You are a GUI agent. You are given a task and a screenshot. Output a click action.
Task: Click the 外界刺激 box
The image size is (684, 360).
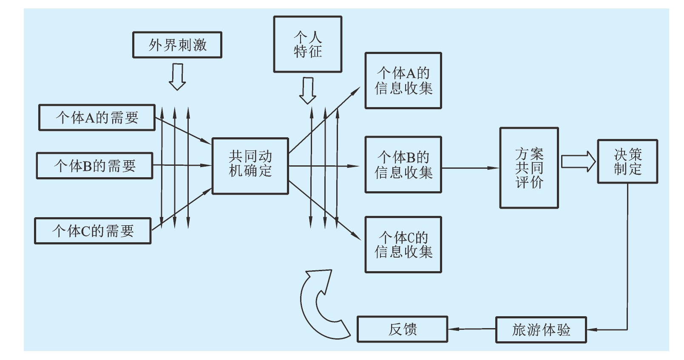pyautogui.click(x=177, y=45)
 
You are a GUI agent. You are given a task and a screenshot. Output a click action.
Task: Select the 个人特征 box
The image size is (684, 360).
pyautogui.click(x=307, y=44)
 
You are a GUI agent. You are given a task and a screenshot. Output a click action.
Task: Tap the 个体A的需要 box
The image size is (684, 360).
pyautogui.click(x=97, y=117)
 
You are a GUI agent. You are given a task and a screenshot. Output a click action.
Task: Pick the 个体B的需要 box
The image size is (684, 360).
pyautogui.click(x=94, y=165)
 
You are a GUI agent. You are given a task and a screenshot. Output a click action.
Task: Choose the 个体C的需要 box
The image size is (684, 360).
pyautogui.click(x=93, y=231)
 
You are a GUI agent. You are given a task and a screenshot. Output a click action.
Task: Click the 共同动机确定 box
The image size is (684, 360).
pyautogui.click(x=250, y=166)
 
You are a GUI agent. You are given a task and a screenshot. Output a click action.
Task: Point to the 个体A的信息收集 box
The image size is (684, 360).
pyautogui.click(x=403, y=81)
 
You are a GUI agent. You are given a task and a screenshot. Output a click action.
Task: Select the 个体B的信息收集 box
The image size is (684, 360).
pyautogui.click(x=403, y=164)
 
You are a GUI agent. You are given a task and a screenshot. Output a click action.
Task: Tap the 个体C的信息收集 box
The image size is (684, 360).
pyautogui.click(x=403, y=244)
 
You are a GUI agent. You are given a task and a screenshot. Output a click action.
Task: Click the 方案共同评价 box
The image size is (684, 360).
pyautogui.click(x=529, y=168)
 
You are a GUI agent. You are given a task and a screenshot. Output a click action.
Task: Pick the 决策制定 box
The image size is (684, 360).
pyautogui.click(x=627, y=162)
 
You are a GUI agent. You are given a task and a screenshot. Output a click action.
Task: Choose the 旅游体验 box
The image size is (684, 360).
pyautogui.click(x=541, y=329)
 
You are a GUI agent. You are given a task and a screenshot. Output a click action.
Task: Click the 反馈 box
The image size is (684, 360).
pyautogui.click(x=402, y=329)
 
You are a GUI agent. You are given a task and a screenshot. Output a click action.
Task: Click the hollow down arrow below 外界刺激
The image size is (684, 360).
pyautogui.click(x=177, y=77)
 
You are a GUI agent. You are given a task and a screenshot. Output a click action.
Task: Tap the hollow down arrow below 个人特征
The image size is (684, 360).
pyautogui.click(x=307, y=91)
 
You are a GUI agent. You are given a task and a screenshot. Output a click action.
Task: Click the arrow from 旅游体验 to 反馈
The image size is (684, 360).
pyautogui.click(x=472, y=329)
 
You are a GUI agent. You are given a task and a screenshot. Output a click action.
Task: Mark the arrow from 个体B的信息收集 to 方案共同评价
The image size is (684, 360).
pyautogui.click(x=470, y=168)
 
